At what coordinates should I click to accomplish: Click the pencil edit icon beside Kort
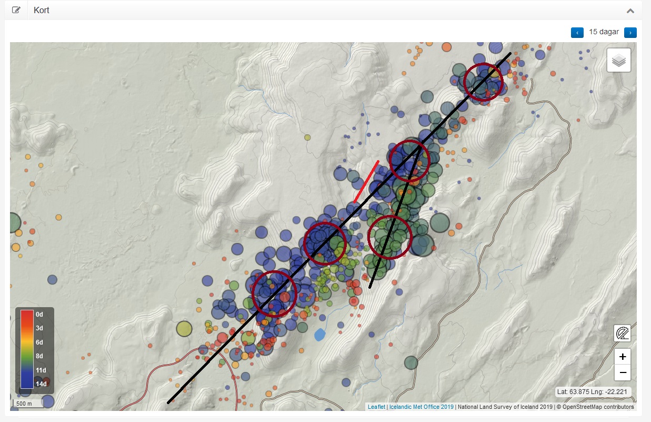(x=16, y=10)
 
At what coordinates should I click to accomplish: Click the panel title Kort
(x=41, y=10)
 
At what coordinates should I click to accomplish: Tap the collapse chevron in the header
(x=630, y=11)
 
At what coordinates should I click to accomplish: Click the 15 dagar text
(x=604, y=32)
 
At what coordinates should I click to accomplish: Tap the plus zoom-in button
(x=623, y=357)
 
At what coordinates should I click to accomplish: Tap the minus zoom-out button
(x=623, y=372)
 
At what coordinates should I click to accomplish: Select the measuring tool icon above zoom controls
(x=623, y=333)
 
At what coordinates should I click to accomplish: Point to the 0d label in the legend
(x=39, y=314)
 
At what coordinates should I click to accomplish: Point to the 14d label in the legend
(x=40, y=384)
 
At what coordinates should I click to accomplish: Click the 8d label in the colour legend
(x=39, y=356)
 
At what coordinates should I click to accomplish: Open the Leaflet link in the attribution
(x=376, y=407)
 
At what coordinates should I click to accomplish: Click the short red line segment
(x=367, y=181)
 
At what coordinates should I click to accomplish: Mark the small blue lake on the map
(x=319, y=334)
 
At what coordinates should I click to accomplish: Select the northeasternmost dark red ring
(x=484, y=82)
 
